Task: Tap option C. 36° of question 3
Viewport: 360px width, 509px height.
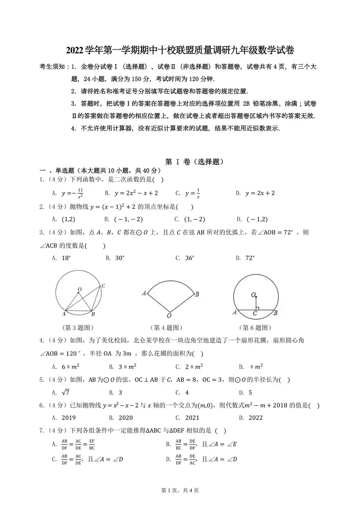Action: pos(185,258)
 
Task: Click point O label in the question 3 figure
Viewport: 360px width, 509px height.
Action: pos(80,289)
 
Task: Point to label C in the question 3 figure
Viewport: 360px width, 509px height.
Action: pos(103,286)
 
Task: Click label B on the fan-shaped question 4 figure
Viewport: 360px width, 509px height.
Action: pos(197,294)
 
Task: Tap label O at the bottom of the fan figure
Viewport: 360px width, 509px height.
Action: pos(169,316)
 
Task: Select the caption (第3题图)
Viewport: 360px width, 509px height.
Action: pos(78,328)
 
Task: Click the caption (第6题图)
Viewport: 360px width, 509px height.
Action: pos(255,328)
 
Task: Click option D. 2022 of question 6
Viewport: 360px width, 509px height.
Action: pos(251,418)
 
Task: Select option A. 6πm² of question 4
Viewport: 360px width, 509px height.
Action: pos(66,367)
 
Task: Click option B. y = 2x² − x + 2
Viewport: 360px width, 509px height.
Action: pos(131,193)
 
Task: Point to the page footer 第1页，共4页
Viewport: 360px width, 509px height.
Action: pos(180,490)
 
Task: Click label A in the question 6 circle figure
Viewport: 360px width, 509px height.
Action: pos(235,312)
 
